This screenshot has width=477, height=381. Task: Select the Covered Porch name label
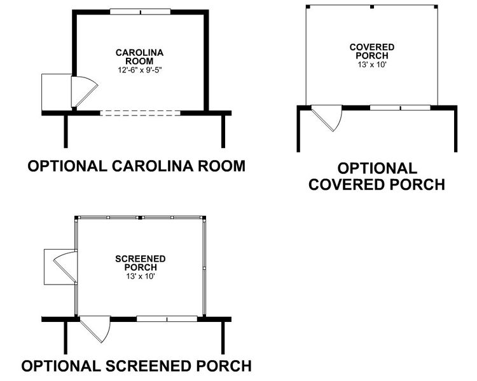click(x=372, y=51)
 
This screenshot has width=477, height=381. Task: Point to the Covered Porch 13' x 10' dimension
click(x=372, y=64)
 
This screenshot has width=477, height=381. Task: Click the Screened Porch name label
click(x=141, y=263)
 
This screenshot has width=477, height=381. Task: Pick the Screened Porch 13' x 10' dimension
click(x=141, y=276)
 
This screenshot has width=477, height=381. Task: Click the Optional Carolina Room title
click(x=137, y=166)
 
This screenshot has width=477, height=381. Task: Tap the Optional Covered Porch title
click(x=377, y=177)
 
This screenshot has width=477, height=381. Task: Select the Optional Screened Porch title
click(x=136, y=366)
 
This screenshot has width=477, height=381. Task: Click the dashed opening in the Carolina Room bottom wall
click(x=141, y=113)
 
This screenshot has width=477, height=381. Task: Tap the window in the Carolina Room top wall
click(x=140, y=11)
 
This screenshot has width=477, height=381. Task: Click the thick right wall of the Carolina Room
click(x=206, y=60)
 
